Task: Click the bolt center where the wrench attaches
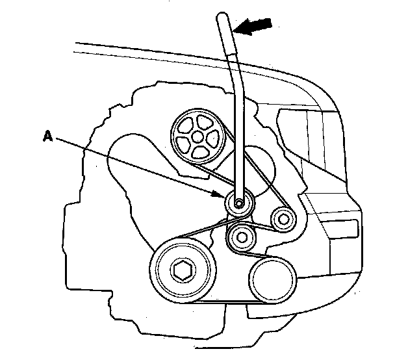pyautogui.click(x=239, y=203)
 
